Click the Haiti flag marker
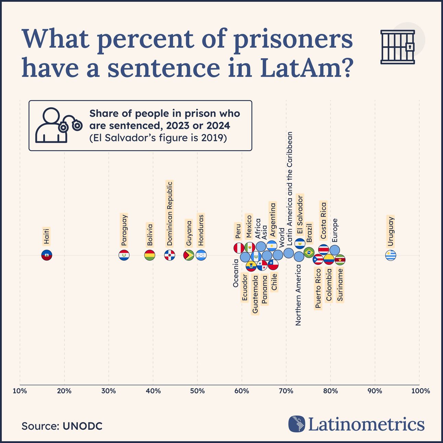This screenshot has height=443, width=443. pos(47,255)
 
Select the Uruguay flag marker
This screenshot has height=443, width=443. pos(391,255)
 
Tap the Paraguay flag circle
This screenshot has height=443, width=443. pos(124,255)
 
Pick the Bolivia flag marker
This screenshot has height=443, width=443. pos(150,255)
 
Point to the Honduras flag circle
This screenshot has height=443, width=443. pos(201,255)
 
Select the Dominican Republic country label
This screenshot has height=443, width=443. pos(169,214)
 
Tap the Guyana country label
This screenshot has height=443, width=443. pos(189,233)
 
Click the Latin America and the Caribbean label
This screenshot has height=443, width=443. pos(289,188)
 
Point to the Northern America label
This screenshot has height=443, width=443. pos(298,295)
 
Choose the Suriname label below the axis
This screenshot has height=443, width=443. pos(340,285)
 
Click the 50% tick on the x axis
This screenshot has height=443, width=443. pos(197,391)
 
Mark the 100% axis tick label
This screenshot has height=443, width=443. pos(420,391)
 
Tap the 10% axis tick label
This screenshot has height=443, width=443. pos(20,391)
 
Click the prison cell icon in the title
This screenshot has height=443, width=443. pos(398,47)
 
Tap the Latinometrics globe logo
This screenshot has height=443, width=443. pos(297,424)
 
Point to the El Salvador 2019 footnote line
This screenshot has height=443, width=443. pos(158,138)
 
